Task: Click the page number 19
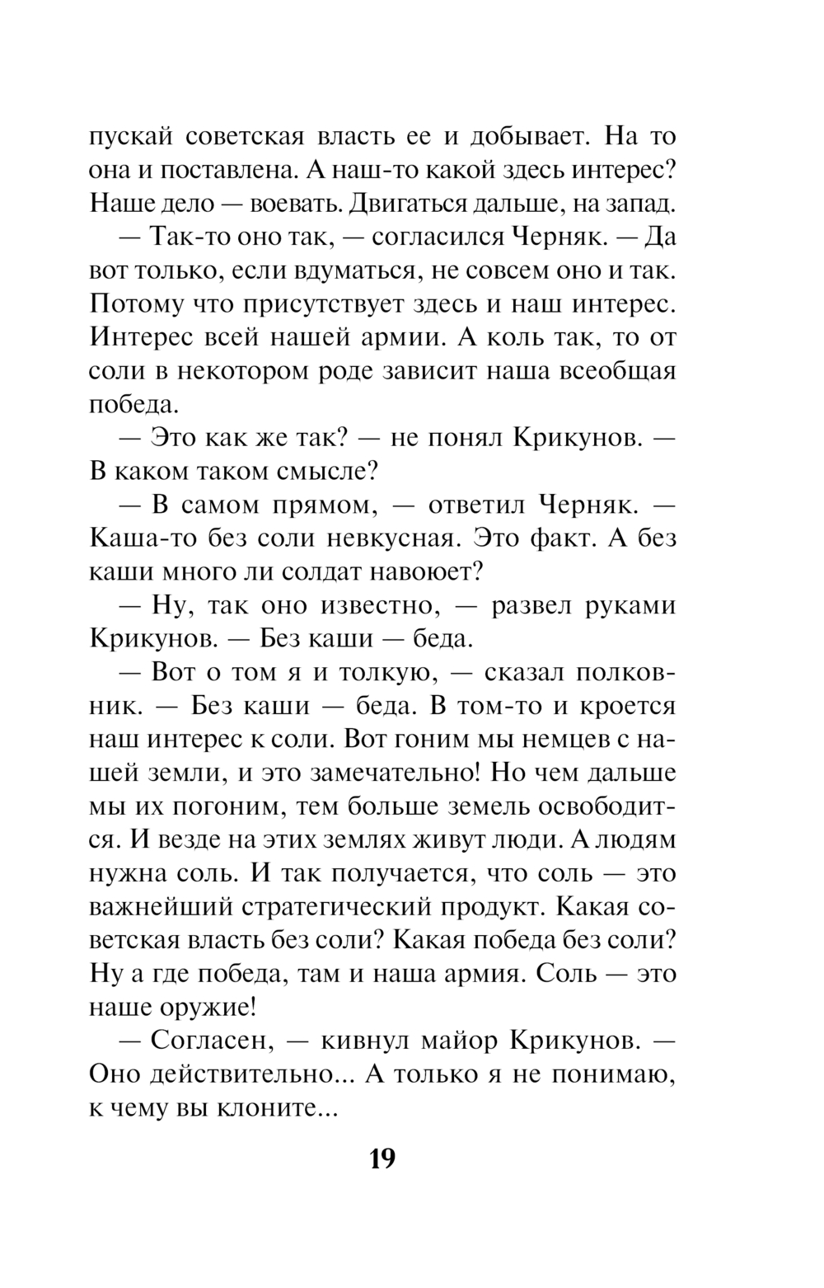click(x=382, y=1159)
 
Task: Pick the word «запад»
click(x=642, y=203)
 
